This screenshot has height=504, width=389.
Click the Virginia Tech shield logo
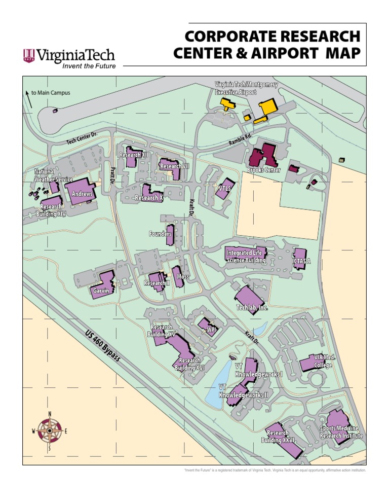pos(29,55)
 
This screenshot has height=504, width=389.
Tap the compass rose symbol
pos(50,431)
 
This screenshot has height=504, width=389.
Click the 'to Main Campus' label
pos(50,93)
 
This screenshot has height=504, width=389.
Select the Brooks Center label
pos(263,170)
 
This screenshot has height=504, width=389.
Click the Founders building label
pos(160,234)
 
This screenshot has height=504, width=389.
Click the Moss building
pos(178,277)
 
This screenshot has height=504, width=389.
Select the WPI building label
pos(212,330)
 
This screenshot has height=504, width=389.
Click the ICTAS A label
pos(301,261)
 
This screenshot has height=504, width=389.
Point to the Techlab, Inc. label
pos(252,308)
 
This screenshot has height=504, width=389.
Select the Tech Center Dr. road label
pos(82,137)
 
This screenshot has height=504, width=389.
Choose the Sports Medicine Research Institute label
pos(341,432)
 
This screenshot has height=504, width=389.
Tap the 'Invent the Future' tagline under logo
pos(89,66)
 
